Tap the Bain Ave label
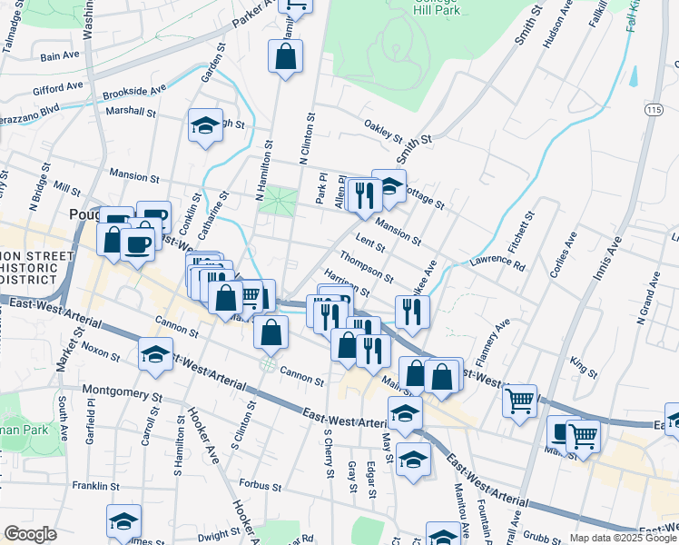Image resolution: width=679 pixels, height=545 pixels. (61, 56)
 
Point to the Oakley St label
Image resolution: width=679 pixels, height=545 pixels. (382, 132)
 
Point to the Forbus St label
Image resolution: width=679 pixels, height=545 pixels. (261, 486)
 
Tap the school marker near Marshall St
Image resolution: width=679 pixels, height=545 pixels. (206, 126)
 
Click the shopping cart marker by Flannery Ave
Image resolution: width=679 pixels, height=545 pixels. (519, 400)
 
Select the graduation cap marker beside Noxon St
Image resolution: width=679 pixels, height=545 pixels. (155, 354)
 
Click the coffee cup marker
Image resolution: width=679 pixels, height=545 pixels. (138, 243)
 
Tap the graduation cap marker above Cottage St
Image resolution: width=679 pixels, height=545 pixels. (389, 185)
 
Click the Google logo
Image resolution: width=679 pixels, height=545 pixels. (31, 534)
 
